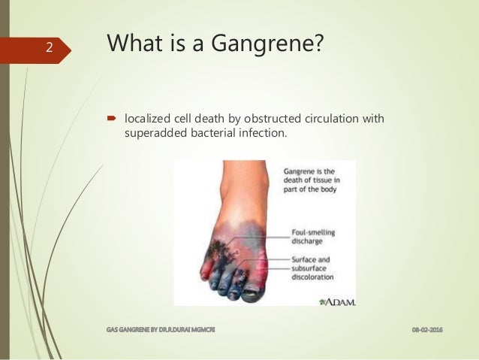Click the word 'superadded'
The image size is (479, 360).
tap(154, 134)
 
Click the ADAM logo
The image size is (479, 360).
tap(337, 301)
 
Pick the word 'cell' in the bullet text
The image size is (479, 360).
tap(185, 118)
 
